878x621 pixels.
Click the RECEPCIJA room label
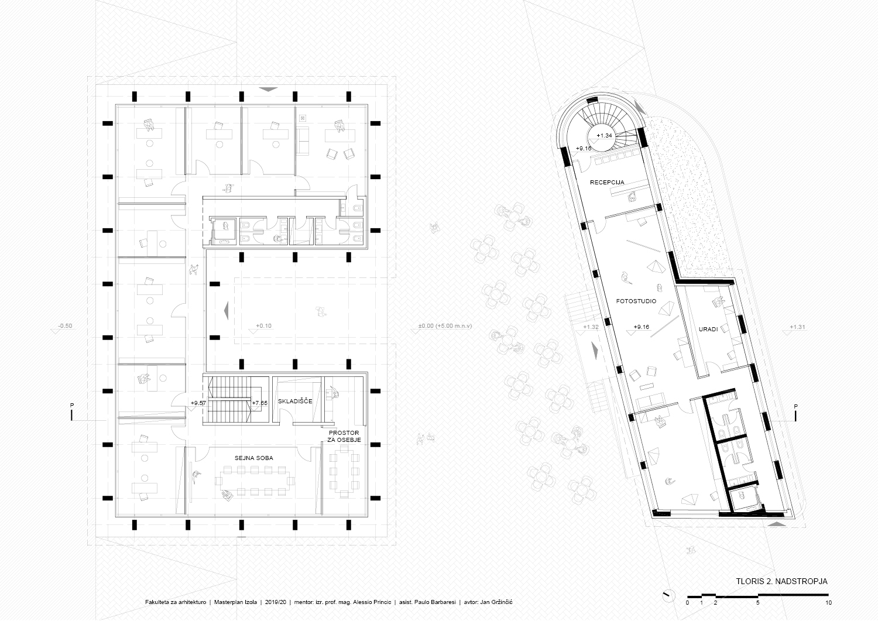607,182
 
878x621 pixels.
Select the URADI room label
708,330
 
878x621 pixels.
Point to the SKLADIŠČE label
295,401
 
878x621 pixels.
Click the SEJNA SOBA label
254,458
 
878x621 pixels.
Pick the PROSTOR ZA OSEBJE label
344,437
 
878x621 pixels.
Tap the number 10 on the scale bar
828,603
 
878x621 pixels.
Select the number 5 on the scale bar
757,603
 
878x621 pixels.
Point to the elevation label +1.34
604,136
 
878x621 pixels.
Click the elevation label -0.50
65,326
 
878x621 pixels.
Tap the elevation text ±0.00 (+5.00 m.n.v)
445,326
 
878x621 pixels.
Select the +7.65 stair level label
259,403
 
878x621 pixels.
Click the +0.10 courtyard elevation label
263,326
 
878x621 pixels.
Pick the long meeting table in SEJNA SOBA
255,480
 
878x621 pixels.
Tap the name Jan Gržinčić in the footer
496,602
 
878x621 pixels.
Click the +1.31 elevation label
797,327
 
